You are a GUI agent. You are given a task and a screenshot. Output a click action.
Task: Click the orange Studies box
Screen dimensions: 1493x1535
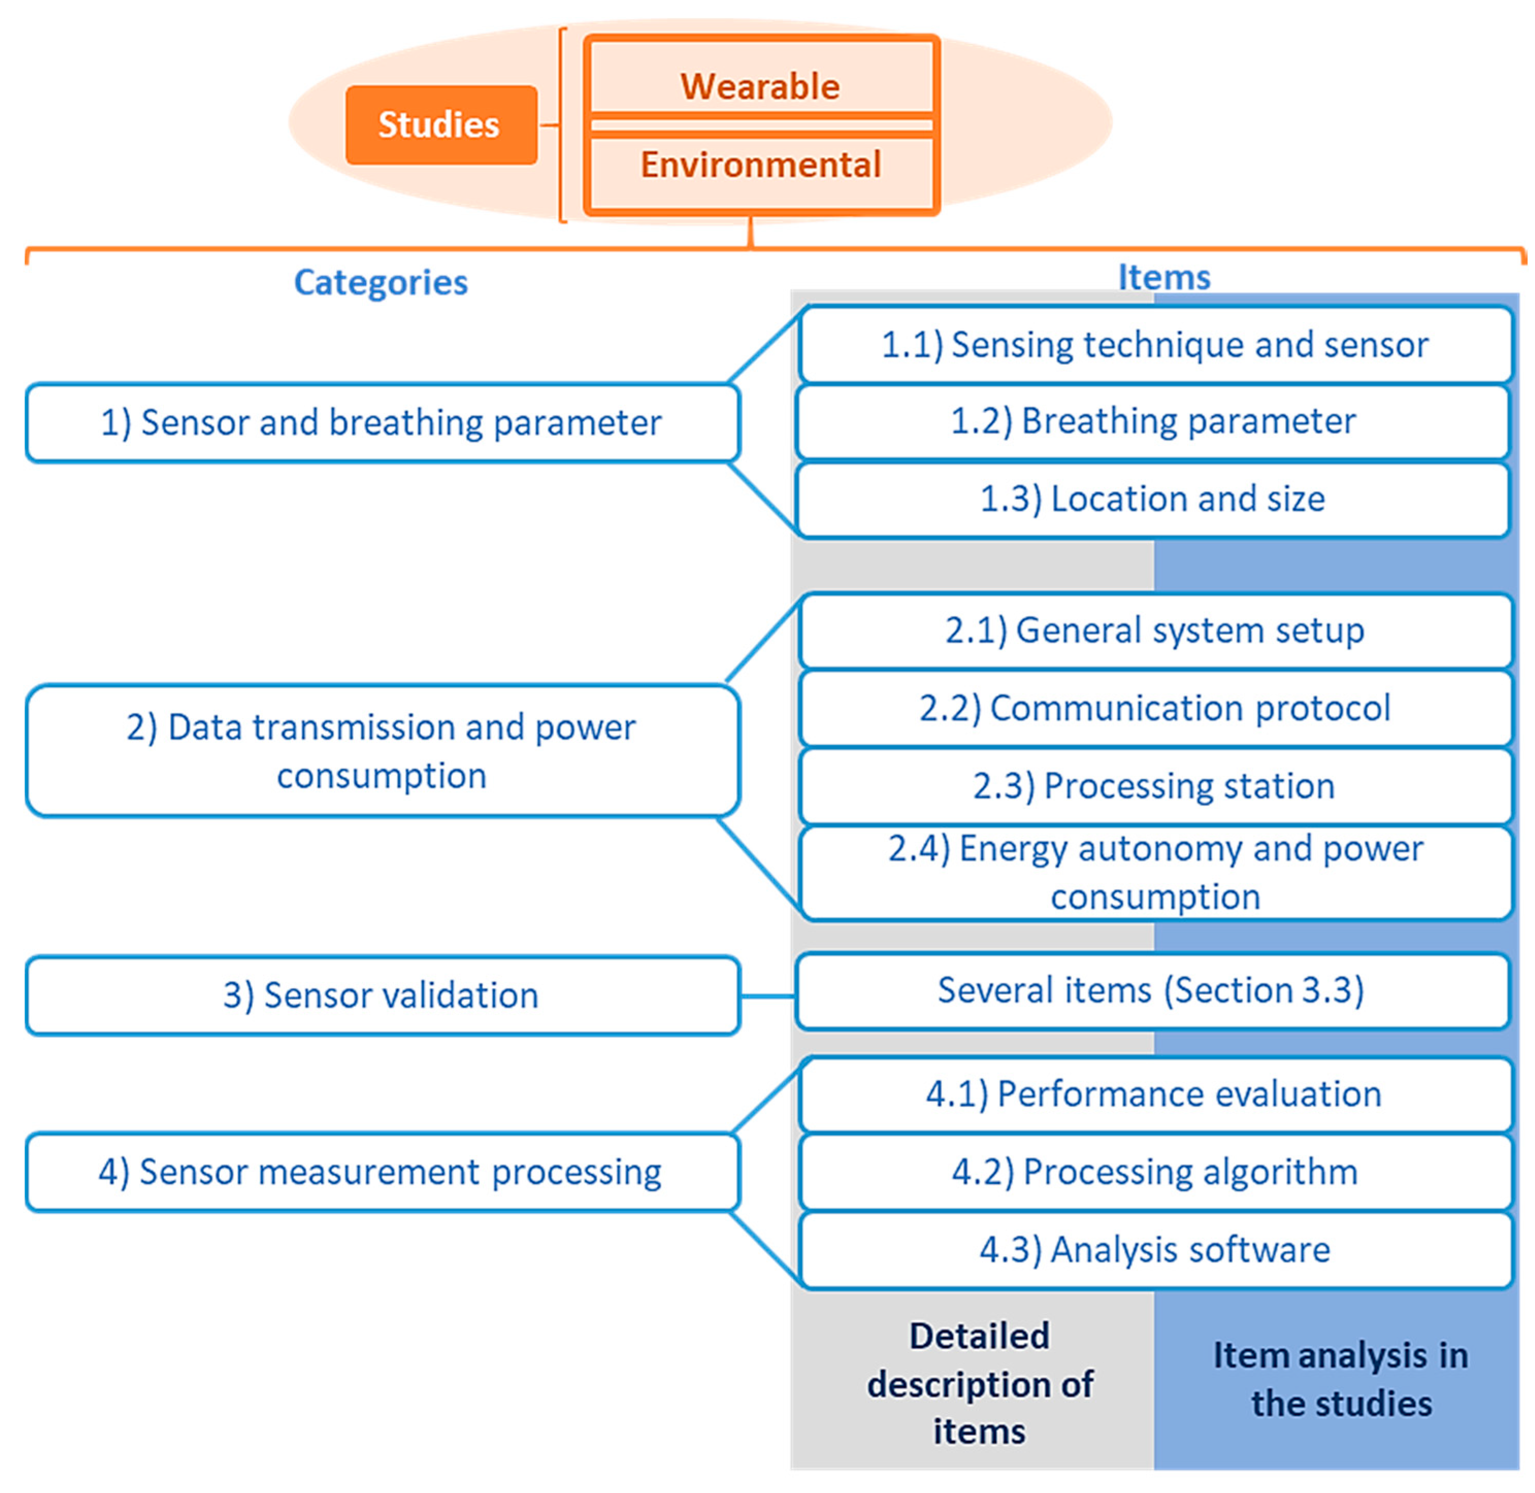pos(441,125)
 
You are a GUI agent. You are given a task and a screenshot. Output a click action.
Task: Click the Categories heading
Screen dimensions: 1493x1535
pos(381,282)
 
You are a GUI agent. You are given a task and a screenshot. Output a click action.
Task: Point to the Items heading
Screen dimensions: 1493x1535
pos(1163,277)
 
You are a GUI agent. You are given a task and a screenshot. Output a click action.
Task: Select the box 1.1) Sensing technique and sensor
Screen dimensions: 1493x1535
pos(1154,345)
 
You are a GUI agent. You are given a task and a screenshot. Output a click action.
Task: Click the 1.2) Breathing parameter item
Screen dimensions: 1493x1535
pos(1152,421)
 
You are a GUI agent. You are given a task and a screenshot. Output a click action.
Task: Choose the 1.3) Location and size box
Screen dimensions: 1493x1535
pos(1152,499)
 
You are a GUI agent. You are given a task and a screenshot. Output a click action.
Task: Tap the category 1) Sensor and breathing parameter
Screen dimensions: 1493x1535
pos(382,423)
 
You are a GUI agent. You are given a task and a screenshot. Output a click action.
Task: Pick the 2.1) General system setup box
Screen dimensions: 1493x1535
pos(1154,630)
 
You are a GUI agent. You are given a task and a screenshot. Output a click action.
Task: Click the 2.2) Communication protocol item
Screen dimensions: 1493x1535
pos(1154,708)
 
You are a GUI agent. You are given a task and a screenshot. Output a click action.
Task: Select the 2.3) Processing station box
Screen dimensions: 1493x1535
pos(1154,786)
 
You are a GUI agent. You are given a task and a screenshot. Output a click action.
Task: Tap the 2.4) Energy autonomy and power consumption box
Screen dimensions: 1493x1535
pos(1154,872)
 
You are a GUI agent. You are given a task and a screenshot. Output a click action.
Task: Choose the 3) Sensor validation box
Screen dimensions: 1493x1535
pos(382,995)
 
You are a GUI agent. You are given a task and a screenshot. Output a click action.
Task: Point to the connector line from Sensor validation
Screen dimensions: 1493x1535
pos(767,996)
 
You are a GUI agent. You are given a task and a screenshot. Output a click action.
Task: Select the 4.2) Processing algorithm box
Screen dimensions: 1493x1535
pos(1154,1171)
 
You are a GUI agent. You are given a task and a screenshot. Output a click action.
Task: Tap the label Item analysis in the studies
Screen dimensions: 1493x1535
pos(1341,1379)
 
